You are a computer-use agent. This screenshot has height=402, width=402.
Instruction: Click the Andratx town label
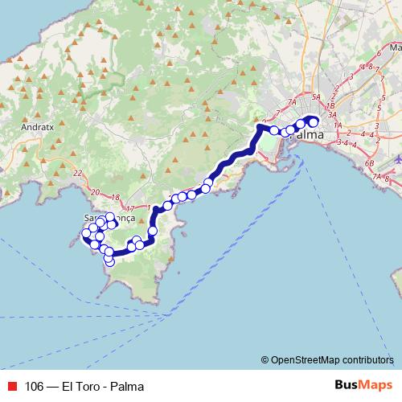(38, 127)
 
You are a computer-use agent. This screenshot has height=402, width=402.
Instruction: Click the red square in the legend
(11, 384)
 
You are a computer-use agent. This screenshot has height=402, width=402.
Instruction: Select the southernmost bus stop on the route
(110, 262)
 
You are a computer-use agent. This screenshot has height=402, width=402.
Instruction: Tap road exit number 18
(115, 198)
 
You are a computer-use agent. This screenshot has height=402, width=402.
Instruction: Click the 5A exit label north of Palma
(316, 97)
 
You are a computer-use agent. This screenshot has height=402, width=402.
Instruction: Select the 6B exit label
(371, 163)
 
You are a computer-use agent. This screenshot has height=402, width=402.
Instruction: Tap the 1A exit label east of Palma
(338, 126)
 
